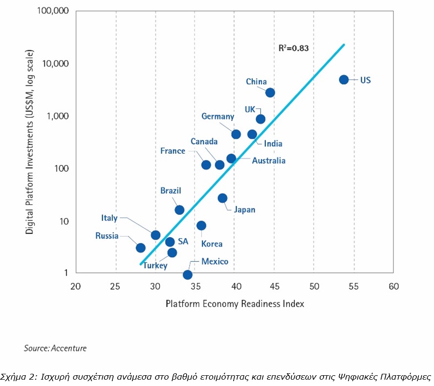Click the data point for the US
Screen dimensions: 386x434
point(344,80)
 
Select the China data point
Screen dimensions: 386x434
point(270,92)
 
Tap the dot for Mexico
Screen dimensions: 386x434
point(188,275)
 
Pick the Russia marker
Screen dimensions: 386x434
point(141,248)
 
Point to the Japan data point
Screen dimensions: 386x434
point(222,198)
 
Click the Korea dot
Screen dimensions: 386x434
point(201,225)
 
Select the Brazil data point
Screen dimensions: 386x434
point(179,210)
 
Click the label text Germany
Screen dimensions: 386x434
point(217,117)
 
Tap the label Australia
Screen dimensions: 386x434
point(268,161)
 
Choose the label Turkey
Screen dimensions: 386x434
point(155,266)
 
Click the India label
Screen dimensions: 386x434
point(273,144)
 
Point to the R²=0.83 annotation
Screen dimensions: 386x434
point(293,48)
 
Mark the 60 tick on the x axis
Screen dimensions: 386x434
point(393,286)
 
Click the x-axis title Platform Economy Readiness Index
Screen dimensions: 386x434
point(235,304)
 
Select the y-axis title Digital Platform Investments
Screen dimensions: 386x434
point(30,142)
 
